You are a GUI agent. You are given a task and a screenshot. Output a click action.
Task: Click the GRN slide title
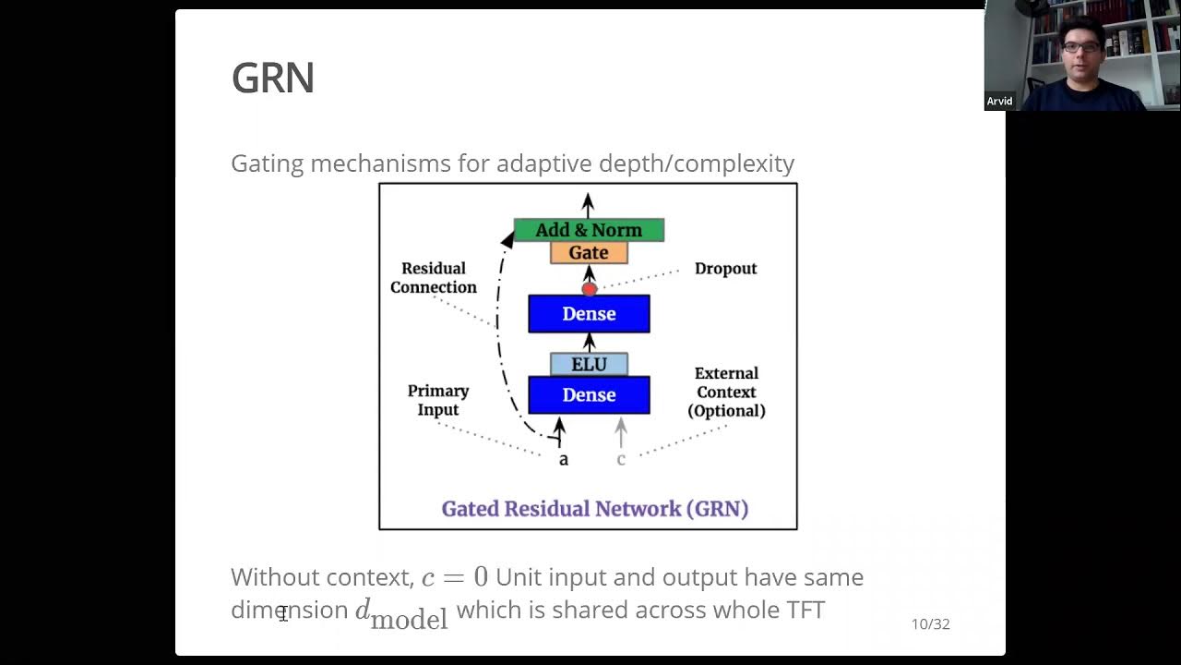(x=273, y=79)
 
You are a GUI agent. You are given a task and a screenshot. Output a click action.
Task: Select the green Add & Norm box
(x=589, y=230)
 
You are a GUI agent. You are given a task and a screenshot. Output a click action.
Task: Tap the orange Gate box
(x=589, y=253)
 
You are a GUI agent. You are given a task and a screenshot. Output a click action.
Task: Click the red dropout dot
(x=590, y=289)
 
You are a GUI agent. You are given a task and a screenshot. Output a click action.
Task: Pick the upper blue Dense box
(x=589, y=314)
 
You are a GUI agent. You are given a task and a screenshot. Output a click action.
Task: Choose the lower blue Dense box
(x=589, y=395)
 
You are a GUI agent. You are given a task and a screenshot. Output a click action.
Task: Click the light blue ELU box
(x=589, y=365)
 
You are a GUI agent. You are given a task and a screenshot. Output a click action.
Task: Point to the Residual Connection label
(x=434, y=278)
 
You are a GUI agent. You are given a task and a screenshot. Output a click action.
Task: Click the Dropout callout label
(x=725, y=269)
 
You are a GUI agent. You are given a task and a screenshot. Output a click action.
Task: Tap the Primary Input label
(x=438, y=400)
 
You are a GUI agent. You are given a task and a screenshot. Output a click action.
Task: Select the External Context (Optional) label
(x=726, y=393)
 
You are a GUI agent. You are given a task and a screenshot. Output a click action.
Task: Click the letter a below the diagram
(x=564, y=459)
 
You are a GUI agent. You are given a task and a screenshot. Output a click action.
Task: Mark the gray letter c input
(x=621, y=459)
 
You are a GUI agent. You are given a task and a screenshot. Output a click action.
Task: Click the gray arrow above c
(x=621, y=430)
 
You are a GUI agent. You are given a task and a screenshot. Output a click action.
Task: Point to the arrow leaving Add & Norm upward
(x=588, y=205)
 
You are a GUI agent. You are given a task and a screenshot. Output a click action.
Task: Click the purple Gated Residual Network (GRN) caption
(x=594, y=509)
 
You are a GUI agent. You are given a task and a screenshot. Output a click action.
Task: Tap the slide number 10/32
(x=930, y=624)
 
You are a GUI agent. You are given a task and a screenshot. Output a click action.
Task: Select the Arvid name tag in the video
(x=999, y=102)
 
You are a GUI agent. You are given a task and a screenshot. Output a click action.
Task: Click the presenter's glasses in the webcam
(x=1080, y=47)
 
